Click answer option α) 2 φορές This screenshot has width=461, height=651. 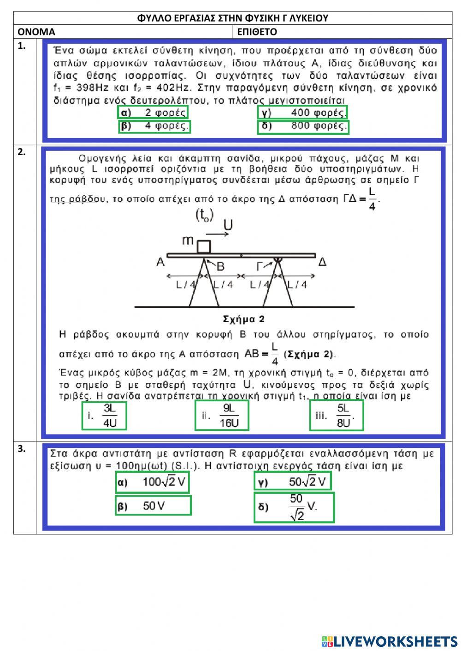(153, 112)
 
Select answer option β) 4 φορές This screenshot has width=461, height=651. (154, 126)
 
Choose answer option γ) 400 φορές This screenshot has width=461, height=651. (302, 112)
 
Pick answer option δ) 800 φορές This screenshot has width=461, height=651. (303, 126)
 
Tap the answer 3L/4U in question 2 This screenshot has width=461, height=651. (104, 416)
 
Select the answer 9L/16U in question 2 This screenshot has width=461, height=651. (222, 416)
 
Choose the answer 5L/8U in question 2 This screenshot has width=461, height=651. (337, 416)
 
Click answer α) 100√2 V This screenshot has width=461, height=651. (152, 482)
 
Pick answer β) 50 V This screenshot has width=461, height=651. (153, 505)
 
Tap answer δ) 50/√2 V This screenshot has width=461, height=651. (294, 507)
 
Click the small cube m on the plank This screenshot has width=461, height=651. (204, 246)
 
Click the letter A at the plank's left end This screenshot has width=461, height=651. (160, 262)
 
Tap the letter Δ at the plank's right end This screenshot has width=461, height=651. (323, 262)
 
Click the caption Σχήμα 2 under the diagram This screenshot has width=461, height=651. (244, 319)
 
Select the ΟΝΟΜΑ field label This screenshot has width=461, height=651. (36, 32)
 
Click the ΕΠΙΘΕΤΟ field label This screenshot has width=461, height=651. (257, 32)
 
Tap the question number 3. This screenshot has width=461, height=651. (22, 449)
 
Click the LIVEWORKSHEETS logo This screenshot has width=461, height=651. (390, 641)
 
